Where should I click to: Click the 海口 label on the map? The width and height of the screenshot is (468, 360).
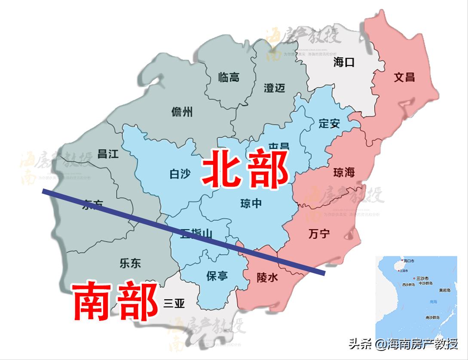click(x=344, y=63)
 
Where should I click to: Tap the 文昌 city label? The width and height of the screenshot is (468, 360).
click(x=404, y=77)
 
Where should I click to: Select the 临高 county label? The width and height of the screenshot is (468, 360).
click(x=229, y=78)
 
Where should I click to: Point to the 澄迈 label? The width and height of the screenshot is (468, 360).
click(x=275, y=88)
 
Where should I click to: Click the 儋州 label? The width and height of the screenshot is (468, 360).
click(x=182, y=113)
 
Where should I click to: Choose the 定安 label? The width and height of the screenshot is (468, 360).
click(x=330, y=124)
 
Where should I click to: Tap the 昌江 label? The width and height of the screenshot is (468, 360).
click(x=108, y=154)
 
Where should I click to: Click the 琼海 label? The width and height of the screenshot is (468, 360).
click(x=344, y=173)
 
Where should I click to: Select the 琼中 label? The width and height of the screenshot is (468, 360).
click(x=251, y=203)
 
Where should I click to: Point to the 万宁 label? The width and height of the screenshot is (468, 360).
click(x=319, y=234)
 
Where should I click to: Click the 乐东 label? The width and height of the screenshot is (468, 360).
click(x=130, y=263)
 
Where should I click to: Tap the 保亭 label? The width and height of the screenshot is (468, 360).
click(x=217, y=276)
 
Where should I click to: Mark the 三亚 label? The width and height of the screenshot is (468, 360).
click(x=174, y=304)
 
